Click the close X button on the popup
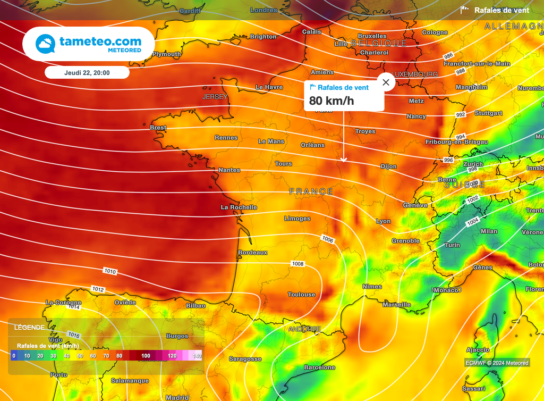[x=386, y=82]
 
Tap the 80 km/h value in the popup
[x=331, y=101]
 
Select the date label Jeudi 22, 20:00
[x=87, y=72]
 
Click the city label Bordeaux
[x=253, y=252]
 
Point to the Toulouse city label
[x=301, y=295]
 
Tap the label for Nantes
[x=229, y=170]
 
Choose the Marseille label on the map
[x=397, y=304]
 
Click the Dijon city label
[x=388, y=166]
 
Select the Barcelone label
[x=319, y=367]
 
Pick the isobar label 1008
[x=298, y=264]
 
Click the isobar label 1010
[x=110, y=272]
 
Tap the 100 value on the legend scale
[x=146, y=356]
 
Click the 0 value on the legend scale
[x=14, y=356]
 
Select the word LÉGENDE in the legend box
[x=30, y=328]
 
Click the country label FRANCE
[x=311, y=191]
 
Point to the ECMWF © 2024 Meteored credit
[x=497, y=363]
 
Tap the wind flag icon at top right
[x=465, y=10]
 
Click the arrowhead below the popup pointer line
[x=344, y=160]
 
